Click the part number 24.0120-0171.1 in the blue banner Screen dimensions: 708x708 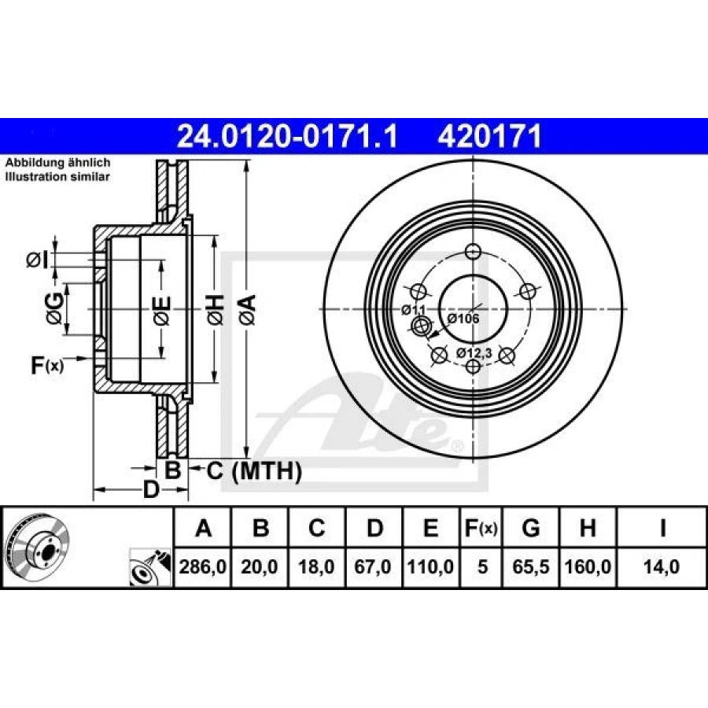(x=287, y=136)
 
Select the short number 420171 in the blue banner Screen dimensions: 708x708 (x=489, y=136)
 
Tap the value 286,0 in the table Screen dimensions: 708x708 (x=202, y=566)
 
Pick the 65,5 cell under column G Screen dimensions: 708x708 (x=530, y=566)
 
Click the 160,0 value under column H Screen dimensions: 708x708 (x=588, y=566)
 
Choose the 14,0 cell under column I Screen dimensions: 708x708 (x=662, y=566)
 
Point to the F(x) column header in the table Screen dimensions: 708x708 (x=481, y=528)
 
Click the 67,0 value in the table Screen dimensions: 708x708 (x=373, y=566)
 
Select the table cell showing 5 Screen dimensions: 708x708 (x=482, y=566)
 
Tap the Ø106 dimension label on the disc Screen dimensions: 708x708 (x=463, y=319)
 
